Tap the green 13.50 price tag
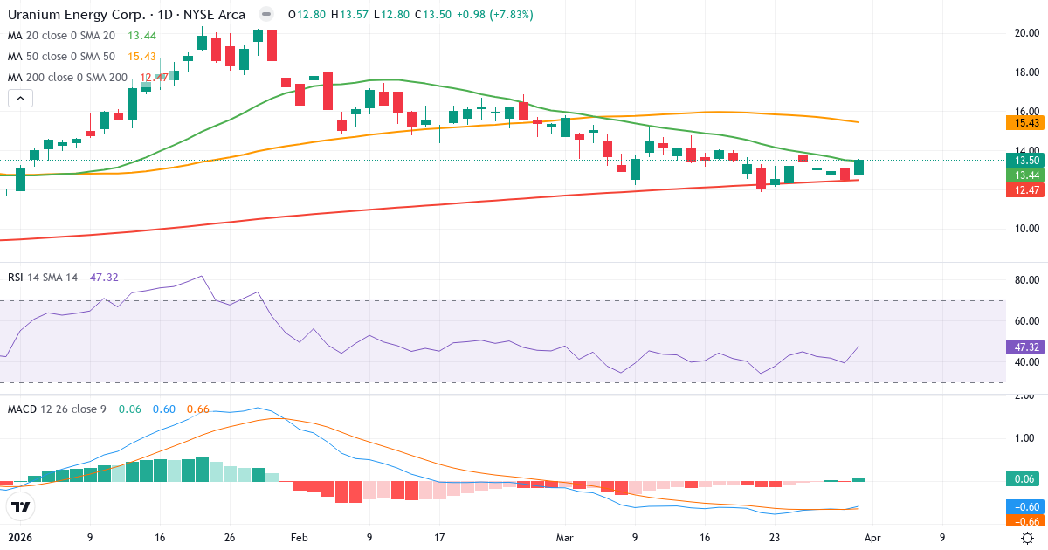pyautogui.click(x=1024, y=161)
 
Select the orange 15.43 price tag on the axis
pyautogui.click(x=1024, y=125)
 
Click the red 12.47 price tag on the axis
pyautogui.click(x=1024, y=189)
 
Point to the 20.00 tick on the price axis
pyautogui.click(x=1025, y=33)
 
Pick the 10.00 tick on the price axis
pyautogui.click(x=1025, y=229)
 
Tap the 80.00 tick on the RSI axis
pyautogui.click(x=1025, y=280)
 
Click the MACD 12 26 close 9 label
pyautogui.click(x=57, y=409)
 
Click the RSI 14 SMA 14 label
pyautogui.click(x=43, y=277)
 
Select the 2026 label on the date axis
pyautogui.click(x=19, y=538)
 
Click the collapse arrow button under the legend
pyautogui.click(x=20, y=99)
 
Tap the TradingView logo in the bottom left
pyautogui.click(x=21, y=506)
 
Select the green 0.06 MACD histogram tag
pyautogui.click(x=1024, y=478)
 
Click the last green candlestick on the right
pyautogui.click(x=859, y=167)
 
